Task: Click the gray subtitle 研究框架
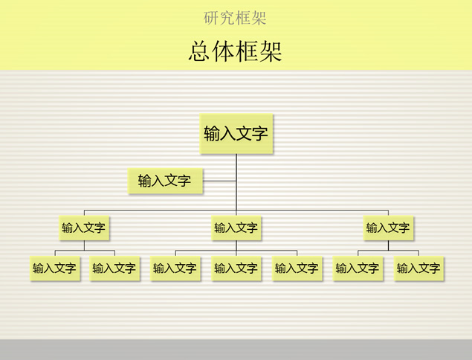[x=235, y=17]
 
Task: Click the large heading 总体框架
[x=235, y=51]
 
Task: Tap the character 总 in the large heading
[x=200, y=51]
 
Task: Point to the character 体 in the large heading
[x=224, y=51]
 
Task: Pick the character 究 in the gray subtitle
[x=227, y=17]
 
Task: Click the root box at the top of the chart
[x=236, y=134]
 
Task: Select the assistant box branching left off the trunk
[x=164, y=180]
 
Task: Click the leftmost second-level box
[x=83, y=228]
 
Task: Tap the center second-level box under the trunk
[x=236, y=228]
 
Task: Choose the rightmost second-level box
[x=387, y=228]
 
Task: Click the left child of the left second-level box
[x=54, y=268]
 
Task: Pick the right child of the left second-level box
[x=114, y=268]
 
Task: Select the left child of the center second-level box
[x=175, y=268]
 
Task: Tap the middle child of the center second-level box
[x=236, y=268]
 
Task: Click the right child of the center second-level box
[x=297, y=268]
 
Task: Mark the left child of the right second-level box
[x=358, y=268]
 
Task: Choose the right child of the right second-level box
[x=418, y=268]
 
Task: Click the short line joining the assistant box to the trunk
[x=219, y=180]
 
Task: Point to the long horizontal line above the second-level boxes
[x=312, y=210]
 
